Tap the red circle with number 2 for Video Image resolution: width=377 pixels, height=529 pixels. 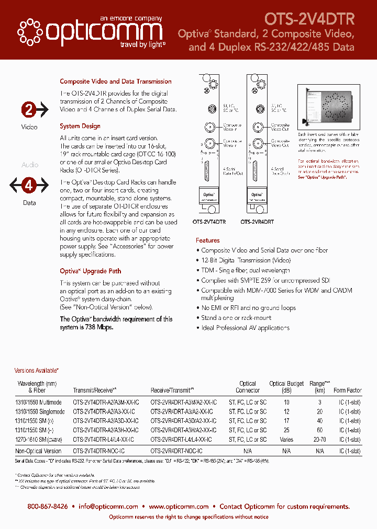28,110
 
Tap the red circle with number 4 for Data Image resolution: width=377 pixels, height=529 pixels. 29,185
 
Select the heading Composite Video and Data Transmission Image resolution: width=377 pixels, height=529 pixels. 116,82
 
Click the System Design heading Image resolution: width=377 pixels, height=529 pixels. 80,126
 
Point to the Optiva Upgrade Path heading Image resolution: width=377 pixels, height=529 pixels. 90,271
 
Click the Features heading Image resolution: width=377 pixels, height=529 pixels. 208,240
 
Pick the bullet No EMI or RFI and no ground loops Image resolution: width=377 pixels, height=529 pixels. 249,308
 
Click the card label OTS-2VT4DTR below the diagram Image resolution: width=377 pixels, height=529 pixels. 209,222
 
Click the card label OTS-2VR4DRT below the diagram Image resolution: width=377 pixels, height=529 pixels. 257,222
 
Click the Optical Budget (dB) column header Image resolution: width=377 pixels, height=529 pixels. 286,387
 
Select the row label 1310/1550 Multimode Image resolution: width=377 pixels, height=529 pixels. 39,402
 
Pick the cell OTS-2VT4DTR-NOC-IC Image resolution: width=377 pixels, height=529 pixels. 99,451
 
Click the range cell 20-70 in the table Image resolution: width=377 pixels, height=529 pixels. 319,440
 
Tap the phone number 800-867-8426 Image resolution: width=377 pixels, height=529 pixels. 48,506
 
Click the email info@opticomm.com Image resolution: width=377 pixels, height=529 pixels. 109,506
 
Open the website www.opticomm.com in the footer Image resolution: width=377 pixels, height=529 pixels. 179,506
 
